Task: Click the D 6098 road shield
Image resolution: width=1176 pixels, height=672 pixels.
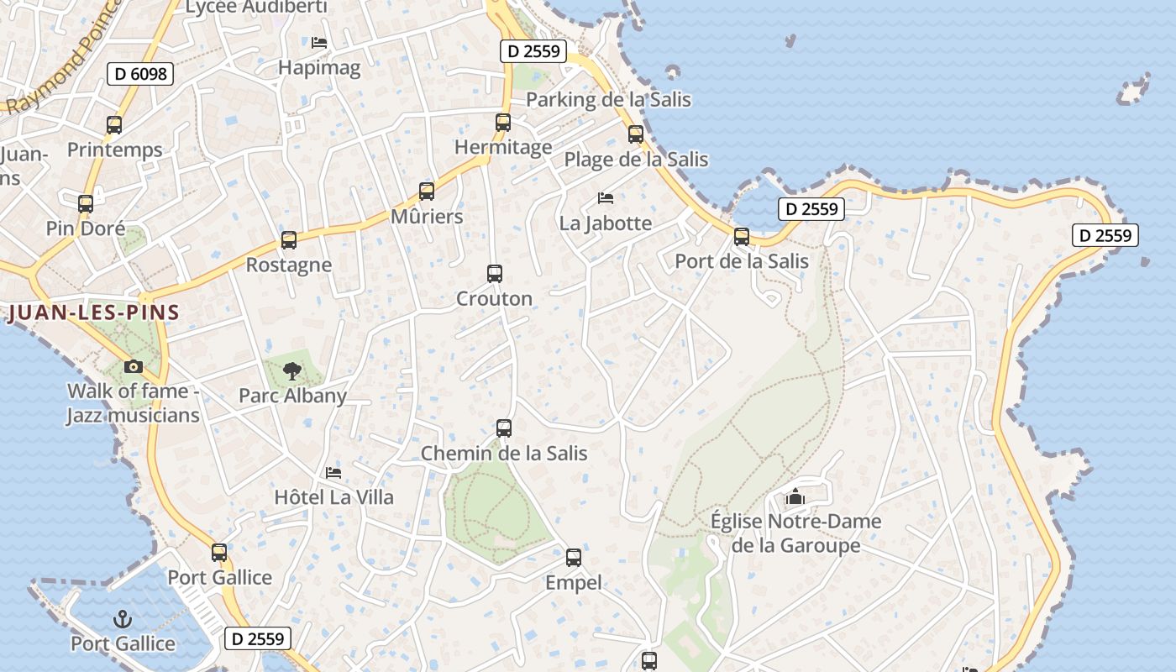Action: [x=140, y=74]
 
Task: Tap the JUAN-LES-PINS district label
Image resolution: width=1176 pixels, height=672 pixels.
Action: [x=94, y=313]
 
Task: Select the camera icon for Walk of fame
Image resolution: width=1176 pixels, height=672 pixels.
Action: [x=133, y=366]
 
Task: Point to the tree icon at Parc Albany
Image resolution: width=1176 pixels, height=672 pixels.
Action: [x=292, y=370]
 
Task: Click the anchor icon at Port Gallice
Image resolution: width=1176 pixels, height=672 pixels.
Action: [x=123, y=619]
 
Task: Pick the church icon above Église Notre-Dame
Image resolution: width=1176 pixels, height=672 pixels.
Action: [x=795, y=496]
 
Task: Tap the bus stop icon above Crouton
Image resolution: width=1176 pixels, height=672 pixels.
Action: [x=495, y=274]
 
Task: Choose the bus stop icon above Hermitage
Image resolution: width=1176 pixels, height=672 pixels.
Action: [x=503, y=123]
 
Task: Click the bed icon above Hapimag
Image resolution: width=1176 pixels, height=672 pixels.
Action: [x=319, y=42]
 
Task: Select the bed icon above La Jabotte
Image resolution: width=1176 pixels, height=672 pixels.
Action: [x=606, y=198]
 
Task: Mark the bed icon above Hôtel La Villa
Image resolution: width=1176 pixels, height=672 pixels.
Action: [x=333, y=473]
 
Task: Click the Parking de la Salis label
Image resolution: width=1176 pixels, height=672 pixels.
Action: [x=608, y=100]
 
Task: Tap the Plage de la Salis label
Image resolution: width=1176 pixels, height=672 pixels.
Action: [x=636, y=160]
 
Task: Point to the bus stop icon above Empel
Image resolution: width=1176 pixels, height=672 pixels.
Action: [x=574, y=557]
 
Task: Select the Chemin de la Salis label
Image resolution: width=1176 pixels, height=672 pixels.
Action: [x=504, y=454]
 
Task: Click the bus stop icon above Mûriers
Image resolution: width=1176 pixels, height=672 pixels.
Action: [x=427, y=192]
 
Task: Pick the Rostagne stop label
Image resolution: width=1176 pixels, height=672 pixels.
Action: [x=289, y=265]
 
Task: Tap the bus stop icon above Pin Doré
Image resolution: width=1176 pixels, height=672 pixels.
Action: [x=86, y=204]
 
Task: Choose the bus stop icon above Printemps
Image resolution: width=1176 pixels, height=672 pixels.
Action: [x=114, y=125]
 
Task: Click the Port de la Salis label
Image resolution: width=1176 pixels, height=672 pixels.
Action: [x=742, y=261]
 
